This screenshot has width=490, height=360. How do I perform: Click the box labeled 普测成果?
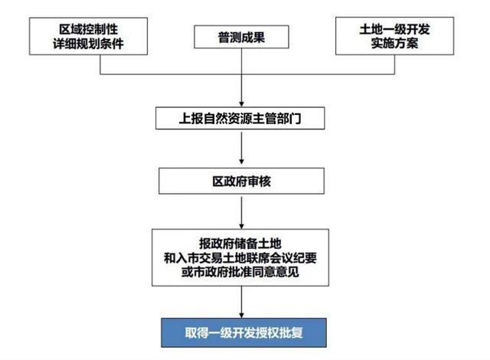click(x=241, y=37)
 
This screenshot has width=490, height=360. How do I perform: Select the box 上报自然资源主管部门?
click(x=240, y=118)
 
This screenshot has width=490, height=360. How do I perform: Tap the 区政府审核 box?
click(x=241, y=181)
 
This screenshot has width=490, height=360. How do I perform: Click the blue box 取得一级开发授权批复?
click(x=243, y=332)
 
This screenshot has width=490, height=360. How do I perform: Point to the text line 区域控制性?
click(x=89, y=29)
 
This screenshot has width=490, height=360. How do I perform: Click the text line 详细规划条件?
click(x=89, y=44)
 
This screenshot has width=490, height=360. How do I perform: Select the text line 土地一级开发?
click(x=394, y=29)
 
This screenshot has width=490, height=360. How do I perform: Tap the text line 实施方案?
click(x=394, y=43)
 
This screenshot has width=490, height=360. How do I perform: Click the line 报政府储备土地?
click(x=240, y=244)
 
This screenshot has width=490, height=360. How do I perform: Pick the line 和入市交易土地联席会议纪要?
click(x=240, y=258)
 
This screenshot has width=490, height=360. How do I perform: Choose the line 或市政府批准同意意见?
click(x=240, y=272)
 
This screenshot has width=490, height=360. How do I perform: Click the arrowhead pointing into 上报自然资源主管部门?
click(x=241, y=104)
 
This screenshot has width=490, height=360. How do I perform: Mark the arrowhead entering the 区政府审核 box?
click(x=241, y=162)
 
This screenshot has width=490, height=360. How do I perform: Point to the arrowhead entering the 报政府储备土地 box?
click(x=241, y=226)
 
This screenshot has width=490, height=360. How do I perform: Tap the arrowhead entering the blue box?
click(x=241, y=315)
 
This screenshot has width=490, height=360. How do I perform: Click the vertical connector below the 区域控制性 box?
click(x=100, y=64)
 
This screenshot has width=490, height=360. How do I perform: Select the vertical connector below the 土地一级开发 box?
click(x=394, y=64)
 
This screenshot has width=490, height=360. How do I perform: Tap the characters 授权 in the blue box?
click(x=267, y=333)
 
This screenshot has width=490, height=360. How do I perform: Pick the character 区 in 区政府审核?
click(x=217, y=182)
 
